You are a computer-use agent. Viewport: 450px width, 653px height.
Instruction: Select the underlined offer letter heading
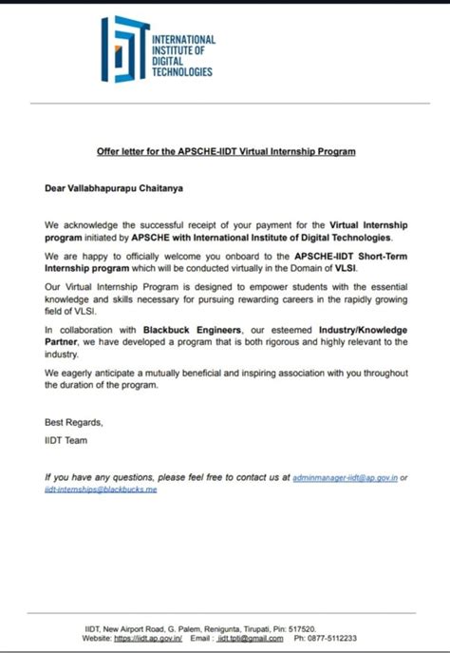[x=225, y=151]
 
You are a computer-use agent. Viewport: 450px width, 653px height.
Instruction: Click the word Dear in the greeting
[x=55, y=188]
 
